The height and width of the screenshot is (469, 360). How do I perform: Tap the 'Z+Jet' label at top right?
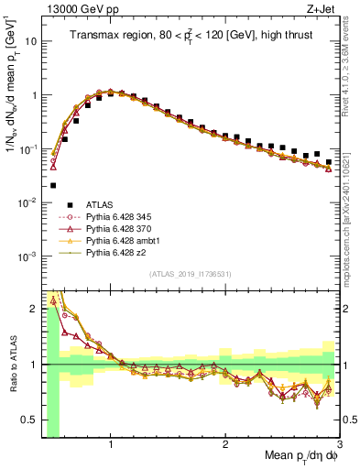pyautogui.click(x=322, y=10)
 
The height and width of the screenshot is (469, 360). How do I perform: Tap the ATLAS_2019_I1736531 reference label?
pyautogui.click(x=190, y=274)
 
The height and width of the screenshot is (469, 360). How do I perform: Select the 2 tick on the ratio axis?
pyautogui.click(x=36, y=308)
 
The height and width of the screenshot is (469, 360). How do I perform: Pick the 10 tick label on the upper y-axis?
pyautogui.click(x=31, y=41)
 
